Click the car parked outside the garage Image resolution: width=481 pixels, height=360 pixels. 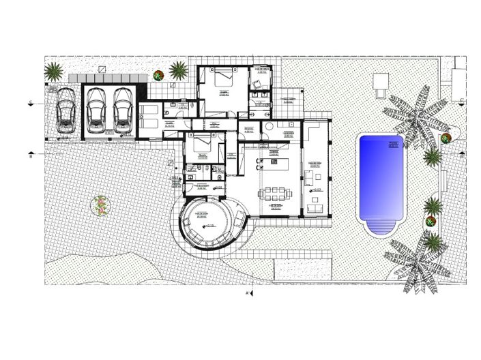66,111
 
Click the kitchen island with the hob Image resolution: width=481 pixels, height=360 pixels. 276,164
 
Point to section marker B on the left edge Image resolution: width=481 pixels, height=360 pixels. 31,155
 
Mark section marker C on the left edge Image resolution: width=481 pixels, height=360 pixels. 31,103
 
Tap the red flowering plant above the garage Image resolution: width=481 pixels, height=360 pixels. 158,75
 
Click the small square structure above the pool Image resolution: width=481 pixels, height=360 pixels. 380,80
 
